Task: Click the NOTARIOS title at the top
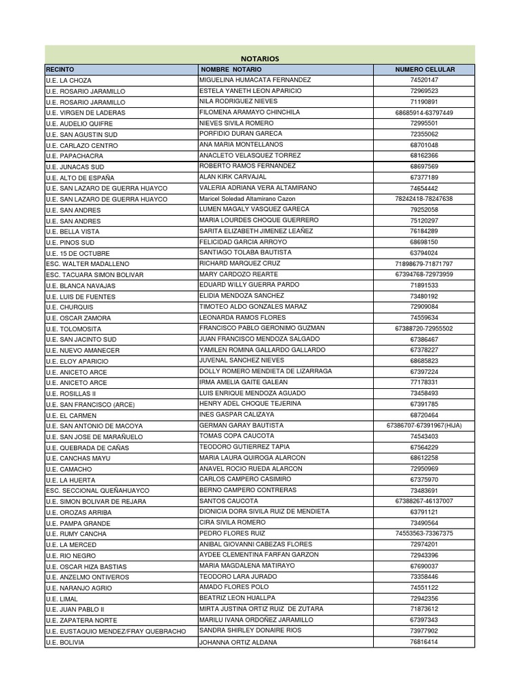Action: coord(260,58)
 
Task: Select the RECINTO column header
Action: coord(60,69)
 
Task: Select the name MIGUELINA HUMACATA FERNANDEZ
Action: coord(254,79)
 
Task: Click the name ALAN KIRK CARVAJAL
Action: coord(233,177)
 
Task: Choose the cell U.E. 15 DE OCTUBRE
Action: coord(77,253)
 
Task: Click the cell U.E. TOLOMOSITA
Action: coord(73,328)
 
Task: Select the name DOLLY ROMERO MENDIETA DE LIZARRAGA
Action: coord(265,371)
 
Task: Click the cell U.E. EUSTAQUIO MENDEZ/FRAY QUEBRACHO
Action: coord(115,631)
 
